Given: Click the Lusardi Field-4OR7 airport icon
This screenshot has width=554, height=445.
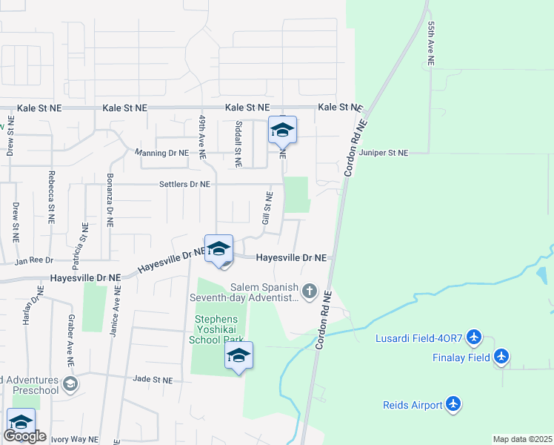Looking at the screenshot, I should click(x=475, y=339).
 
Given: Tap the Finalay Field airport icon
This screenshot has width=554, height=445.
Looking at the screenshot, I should click(x=502, y=357).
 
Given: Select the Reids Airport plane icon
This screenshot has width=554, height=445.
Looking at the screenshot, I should click(x=454, y=405).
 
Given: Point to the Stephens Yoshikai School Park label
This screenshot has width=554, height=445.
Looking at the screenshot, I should click(x=218, y=329).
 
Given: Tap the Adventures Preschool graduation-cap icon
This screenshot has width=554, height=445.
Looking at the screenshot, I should click(x=70, y=383).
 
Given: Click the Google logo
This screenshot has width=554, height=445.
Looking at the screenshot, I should click(x=24, y=436).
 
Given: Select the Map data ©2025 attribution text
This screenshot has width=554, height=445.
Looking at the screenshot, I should click(x=521, y=439).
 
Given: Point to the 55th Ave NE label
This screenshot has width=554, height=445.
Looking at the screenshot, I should click(x=430, y=42).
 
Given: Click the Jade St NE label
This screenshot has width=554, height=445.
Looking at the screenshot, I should click(x=152, y=379).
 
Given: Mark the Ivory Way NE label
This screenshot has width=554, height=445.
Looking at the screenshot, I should click(x=73, y=439).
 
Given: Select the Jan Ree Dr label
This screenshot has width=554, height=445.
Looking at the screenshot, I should click(x=35, y=260).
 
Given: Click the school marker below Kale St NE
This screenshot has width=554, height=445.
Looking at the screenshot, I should click(x=282, y=131).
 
